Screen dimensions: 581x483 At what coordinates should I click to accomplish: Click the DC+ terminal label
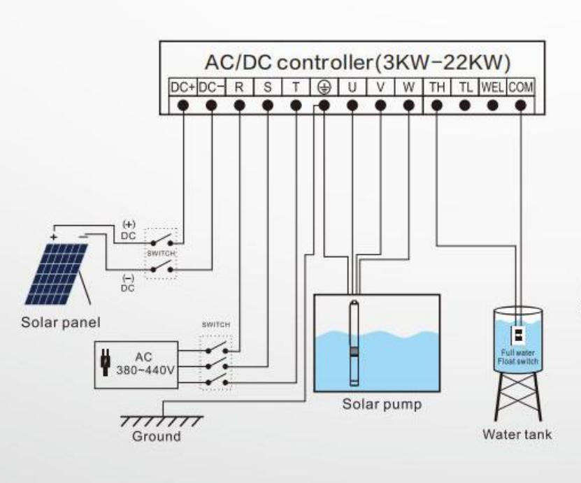(x=182, y=87)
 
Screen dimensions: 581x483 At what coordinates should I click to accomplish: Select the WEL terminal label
(x=492, y=87)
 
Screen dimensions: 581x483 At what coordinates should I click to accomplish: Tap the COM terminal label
(x=521, y=87)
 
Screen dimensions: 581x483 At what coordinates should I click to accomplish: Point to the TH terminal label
(x=437, y=87)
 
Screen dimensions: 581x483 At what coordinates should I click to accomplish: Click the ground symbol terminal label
(x=324, y=87)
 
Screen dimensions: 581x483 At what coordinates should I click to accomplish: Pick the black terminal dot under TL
(x=465, y=106)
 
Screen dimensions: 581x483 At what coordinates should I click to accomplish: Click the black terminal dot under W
(x=408, y=106)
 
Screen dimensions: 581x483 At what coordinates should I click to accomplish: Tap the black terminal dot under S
(x=268, y=106)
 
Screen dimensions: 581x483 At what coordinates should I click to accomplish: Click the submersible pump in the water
(x=354, y=343)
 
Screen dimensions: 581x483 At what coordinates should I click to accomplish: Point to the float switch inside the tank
(x=517, y=333)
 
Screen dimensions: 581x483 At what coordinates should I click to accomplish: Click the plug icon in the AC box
(x=106, y=361)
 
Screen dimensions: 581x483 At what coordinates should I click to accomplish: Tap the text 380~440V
(x=145, y=370)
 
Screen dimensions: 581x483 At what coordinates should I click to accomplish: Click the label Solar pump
(x=382, y=404)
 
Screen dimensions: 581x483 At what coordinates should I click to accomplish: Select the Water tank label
(x=517, y=434)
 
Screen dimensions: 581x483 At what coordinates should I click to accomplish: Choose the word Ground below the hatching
(x=157, y=436)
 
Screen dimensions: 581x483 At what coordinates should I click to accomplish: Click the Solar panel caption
(x=61, y=322)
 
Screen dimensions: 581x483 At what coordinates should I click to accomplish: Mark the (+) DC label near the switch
(x=129, y=230)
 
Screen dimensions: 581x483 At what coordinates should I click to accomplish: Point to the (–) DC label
(x=128, y=283)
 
